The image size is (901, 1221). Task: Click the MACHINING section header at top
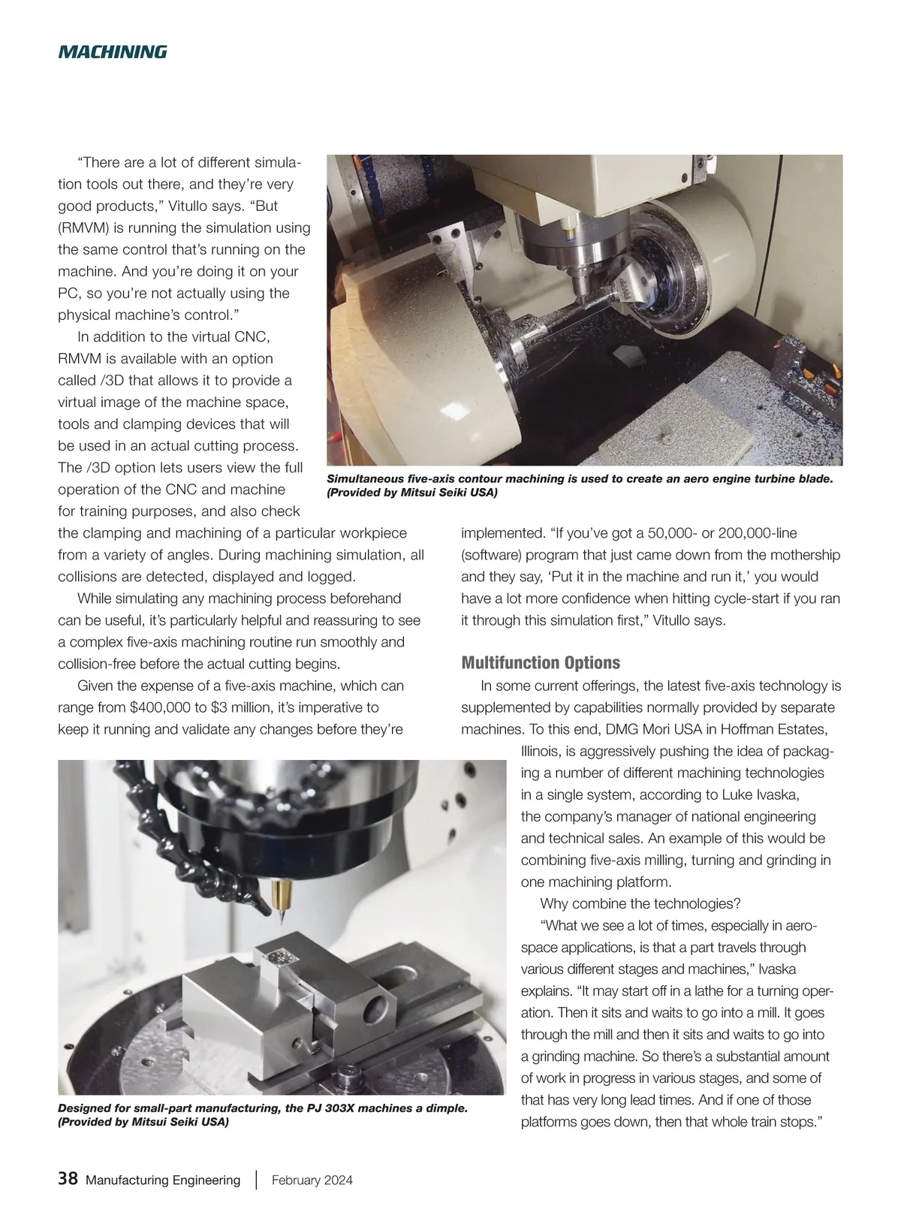tap(112, 52)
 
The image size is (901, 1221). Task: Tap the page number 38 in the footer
tap(68, 1179)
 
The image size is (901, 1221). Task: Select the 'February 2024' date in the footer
tap(312, 1180)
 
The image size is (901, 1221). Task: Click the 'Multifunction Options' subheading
tap(541, 663)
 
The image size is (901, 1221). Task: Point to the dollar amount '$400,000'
tap(161, 707)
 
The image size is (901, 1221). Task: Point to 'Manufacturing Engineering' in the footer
tap(163, 1180)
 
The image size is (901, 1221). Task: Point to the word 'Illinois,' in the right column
tap(542, 751)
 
